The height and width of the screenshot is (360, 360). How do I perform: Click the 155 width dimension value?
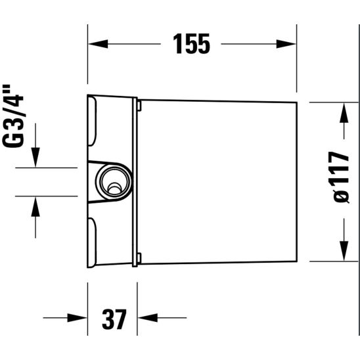pyautogui.click(x=191, y=44)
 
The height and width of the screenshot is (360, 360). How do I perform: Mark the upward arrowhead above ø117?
pyautogui.click(x=342, y=114)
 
